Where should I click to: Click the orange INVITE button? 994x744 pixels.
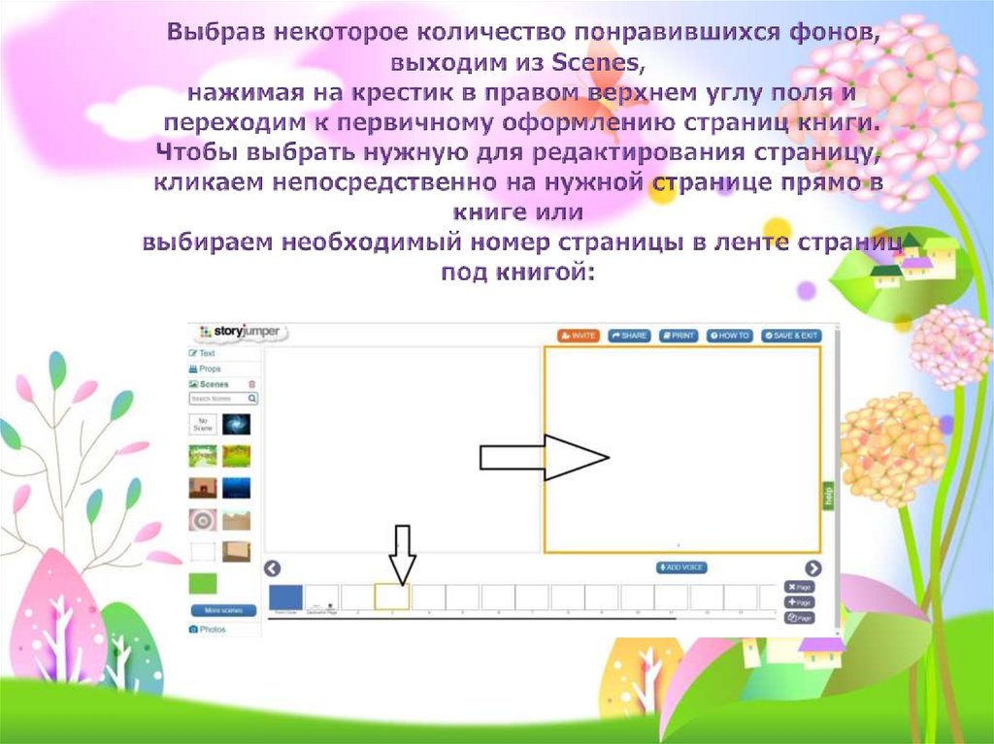coord(579,335)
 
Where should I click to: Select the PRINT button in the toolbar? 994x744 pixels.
coord(679,335)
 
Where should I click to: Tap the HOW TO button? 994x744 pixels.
coord(730,335)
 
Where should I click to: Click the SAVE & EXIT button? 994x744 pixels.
coord(791,335)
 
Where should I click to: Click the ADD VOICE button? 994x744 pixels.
coord(682,567)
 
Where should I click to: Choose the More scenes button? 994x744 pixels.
coord(223,610)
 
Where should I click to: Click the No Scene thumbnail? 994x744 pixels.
coord(203,424)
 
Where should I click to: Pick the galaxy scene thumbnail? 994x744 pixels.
coord(236,424)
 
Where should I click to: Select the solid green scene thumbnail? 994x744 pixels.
coord(203,583)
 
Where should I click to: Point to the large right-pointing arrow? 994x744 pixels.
coord(545,457)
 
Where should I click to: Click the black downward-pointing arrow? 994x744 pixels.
coord(402,553)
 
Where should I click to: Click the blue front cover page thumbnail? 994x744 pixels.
coord(285,597)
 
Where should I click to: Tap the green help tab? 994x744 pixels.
coord(828,495)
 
